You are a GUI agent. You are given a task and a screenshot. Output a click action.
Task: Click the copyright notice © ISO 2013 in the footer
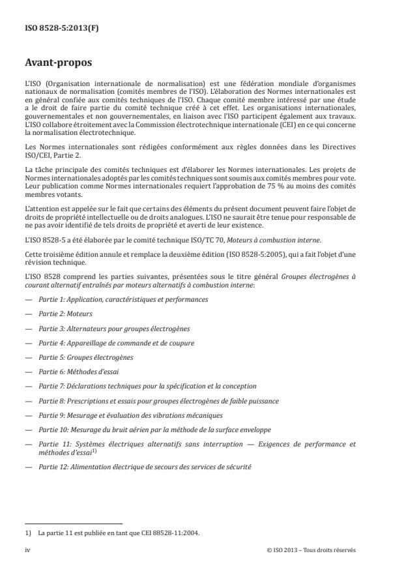pyautogui.click(x=311, y=550)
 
